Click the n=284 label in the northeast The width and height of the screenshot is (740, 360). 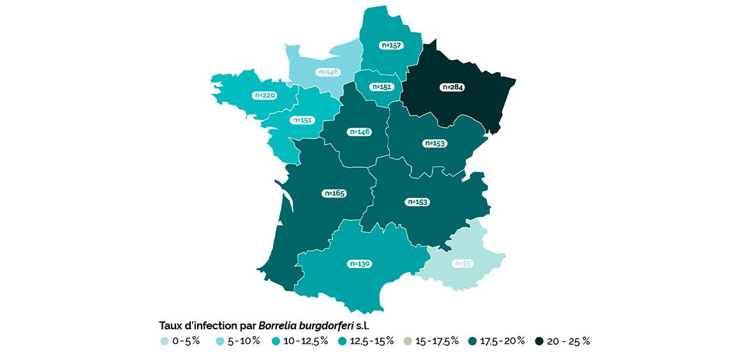tap(451, 87)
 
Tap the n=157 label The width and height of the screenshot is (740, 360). tap(391, 45)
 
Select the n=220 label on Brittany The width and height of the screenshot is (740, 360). tap(265, 95)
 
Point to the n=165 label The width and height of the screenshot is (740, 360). tap(335, 193)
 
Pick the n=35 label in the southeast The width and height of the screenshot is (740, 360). tap(463, 264)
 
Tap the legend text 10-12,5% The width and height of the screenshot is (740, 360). tap(306, 341)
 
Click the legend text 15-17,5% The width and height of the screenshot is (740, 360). tap(437, 341)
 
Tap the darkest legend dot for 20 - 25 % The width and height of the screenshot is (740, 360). tap(538, 341)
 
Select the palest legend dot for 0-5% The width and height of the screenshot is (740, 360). tap(164, 341)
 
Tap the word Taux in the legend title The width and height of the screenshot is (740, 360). tap(170, 325)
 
